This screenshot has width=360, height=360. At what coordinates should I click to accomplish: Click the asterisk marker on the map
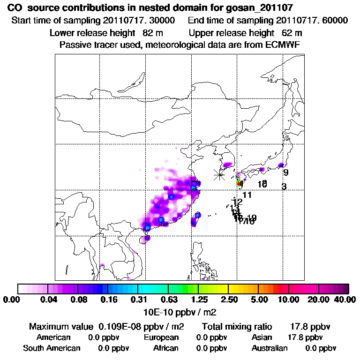[219, 175]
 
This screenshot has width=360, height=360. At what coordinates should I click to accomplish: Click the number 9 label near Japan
[286, 172]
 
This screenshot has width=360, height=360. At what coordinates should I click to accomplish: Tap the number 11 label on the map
[247, 195]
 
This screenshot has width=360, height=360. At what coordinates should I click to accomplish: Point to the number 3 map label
[284, 187]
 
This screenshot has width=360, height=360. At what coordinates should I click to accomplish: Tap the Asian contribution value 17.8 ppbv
[305, 337]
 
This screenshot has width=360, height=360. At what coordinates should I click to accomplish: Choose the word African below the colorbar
[165, 348]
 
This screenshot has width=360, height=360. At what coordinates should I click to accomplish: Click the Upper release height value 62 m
[292, 33]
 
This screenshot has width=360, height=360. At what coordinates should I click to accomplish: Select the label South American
[52, 348]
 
